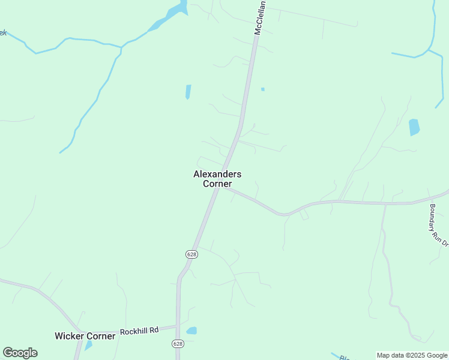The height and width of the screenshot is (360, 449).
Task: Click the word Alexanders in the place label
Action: coord(217,174)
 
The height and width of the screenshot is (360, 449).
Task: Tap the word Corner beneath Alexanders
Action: coord(217,184)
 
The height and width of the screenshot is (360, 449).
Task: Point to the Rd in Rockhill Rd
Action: coord(154,329)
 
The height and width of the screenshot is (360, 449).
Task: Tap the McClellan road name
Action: coord(259,21)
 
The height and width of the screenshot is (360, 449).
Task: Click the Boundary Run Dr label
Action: coord(439,226)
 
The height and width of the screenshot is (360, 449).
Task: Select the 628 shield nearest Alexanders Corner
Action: coord(191,254)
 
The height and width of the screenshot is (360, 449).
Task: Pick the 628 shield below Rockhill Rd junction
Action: coord(177,344)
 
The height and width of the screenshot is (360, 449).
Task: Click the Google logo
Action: coord(20,353)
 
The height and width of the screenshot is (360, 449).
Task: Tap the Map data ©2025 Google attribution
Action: coord(412,355)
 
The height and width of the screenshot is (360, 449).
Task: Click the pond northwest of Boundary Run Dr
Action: coord(414,127)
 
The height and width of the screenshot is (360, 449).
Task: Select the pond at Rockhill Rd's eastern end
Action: coord(191,331)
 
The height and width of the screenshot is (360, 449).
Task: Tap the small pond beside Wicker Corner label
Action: coord(88,346)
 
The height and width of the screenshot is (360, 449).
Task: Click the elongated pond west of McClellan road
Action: coord(188,92)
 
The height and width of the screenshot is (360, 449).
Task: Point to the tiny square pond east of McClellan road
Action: coord(262,89)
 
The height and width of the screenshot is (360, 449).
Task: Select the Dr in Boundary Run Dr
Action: coord(445,242)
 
